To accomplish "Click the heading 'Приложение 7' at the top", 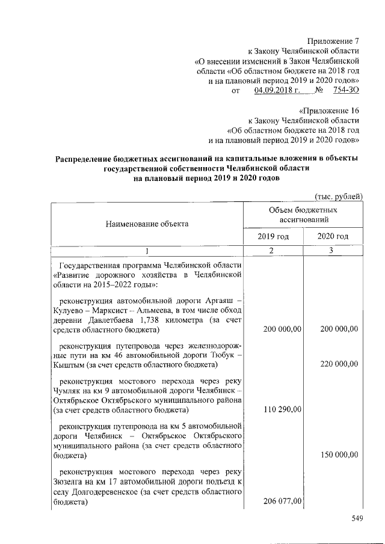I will tap(333, 41).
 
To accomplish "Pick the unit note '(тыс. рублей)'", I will tap(338, 197).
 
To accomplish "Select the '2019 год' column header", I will tap(273, 237).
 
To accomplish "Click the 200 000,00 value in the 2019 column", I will tap(280, 329).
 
